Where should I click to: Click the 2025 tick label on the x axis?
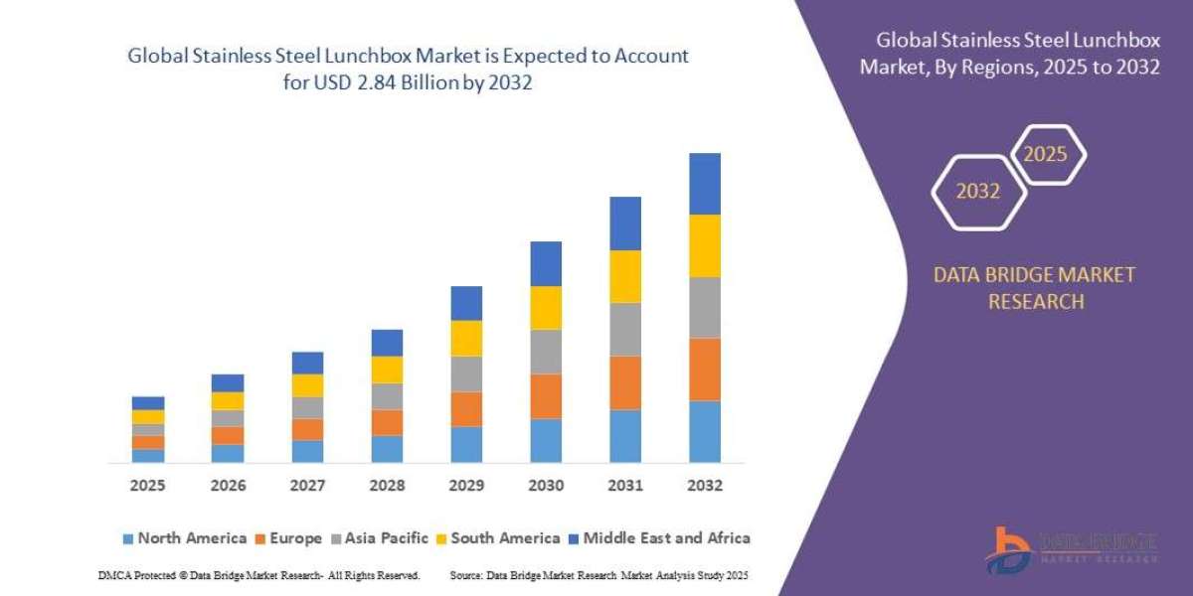(x=148, y=486)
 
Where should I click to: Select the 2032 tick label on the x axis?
(x=704, y=486)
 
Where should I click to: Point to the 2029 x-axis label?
(x=466, y=486)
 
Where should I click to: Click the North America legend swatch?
(x=127, y=538)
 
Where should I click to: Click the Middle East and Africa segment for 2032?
(x=704, y=184)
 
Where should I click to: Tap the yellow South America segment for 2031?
(x=625, y=276)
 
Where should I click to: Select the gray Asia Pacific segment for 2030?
(x=546, y=352)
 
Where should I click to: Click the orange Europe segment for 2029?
(x=466, y=409)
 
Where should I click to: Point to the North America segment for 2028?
(x=387, y=449)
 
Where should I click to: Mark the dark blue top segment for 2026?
(x=228, y=382)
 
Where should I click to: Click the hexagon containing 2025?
(x=1047, y=155)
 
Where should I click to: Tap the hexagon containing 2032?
(x=977, y=192)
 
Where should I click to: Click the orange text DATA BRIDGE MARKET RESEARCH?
(x=1035, y=288)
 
